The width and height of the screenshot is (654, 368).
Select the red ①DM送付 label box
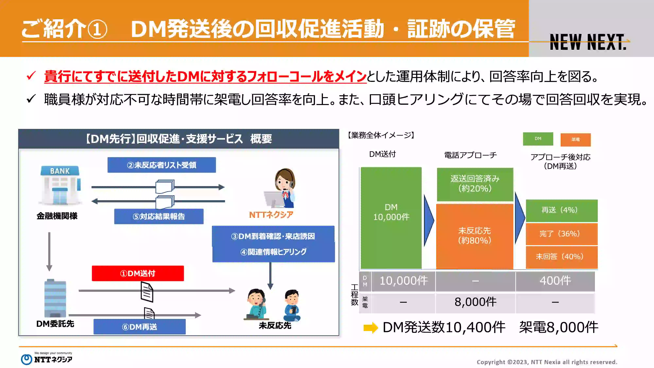(x=138, y=273)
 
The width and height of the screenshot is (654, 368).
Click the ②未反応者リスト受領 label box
(x=162, y=165)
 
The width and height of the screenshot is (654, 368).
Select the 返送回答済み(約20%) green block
(x=475, y=184)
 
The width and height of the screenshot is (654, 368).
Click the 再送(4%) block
(x=562, y=210)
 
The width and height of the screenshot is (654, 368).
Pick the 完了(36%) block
(x=562, y=234)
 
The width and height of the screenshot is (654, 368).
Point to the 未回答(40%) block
(x=562, y=257)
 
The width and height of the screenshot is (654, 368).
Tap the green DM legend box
(x=538, y=139)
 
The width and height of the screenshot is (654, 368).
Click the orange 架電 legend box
(x=576, y=140)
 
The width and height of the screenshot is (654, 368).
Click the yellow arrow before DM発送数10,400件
(x=371, y=328)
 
